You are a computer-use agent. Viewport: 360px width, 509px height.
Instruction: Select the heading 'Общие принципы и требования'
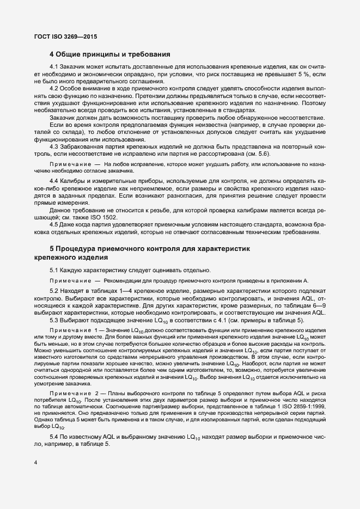pos(114,54)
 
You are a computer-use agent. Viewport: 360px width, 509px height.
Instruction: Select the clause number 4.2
pos(55,89)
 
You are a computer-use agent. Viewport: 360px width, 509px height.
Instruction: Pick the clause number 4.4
pos(55,181)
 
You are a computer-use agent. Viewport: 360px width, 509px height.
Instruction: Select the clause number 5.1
pos(55,271)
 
